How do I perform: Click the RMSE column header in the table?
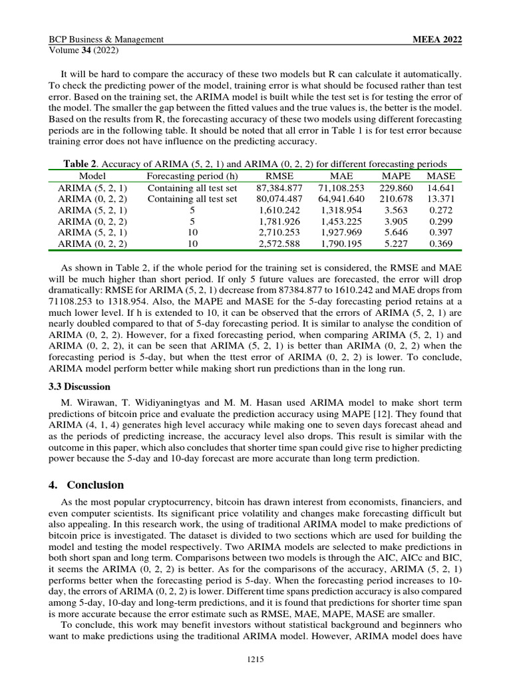pyautogui.click(x=279, y=176)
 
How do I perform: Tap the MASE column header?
pyautogui.click(x=440, y=176)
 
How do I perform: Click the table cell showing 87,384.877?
pyautogui.click(x=279, y=188)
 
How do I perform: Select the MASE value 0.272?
pyautogui.click(x=440, y=209)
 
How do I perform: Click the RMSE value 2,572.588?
pyautogui.click(x=279, y=244)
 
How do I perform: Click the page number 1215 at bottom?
pyautogui.click(x=255, y=659)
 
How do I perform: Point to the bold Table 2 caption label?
pyautogui.click(x=81, y=164)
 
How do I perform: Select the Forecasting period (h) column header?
pyautogui.click(x=192, y=176)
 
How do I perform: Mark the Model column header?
pyautogui.click(x=92, y=176)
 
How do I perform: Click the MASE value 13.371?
pyautogui.click(x=440, y=199)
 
